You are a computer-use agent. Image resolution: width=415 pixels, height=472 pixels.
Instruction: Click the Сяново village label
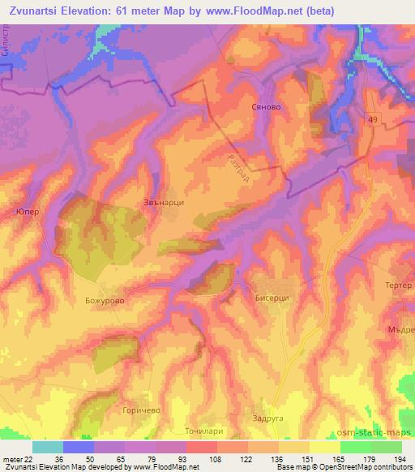pos(265,107)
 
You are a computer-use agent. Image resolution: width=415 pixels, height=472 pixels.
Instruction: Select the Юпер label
pos(27,212)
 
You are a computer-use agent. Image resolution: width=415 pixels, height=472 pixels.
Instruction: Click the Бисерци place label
pos(272,298)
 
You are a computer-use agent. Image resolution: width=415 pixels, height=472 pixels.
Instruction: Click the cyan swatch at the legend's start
pos(47,447)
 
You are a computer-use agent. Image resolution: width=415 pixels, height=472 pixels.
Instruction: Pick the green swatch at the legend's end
pos(387,447)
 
